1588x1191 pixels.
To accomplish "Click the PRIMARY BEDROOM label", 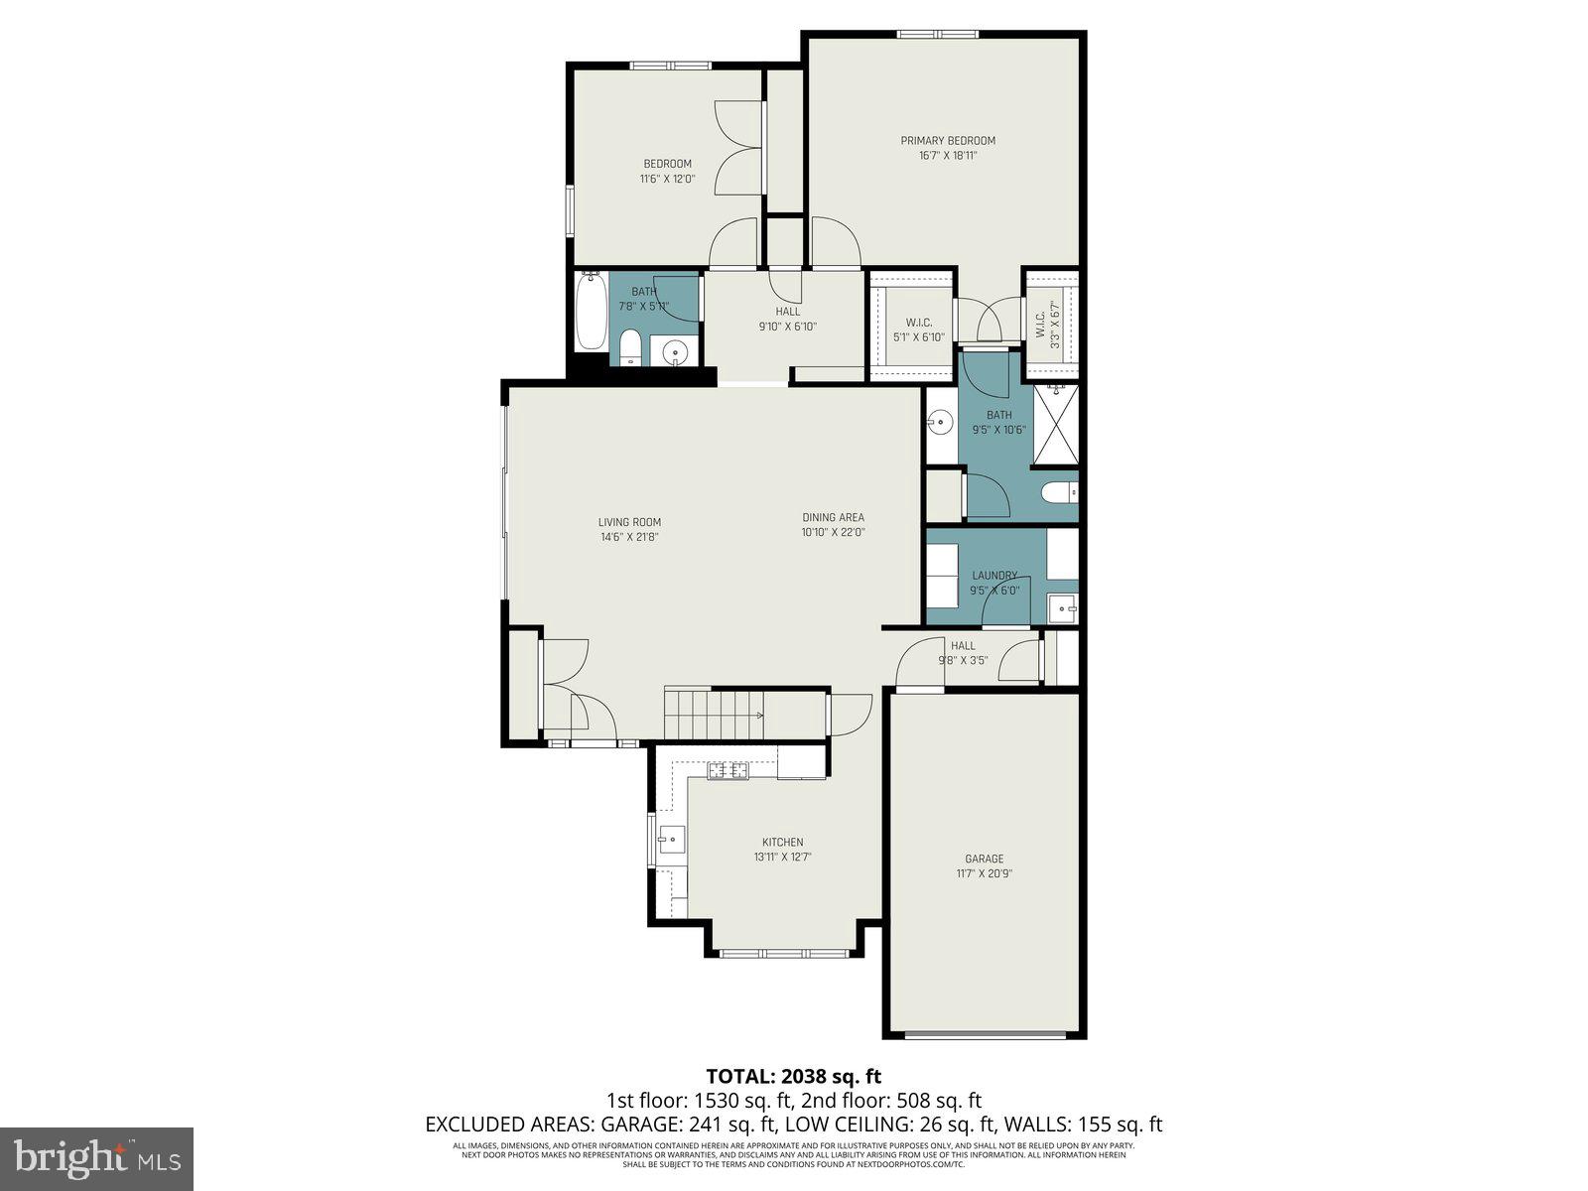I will [x=948, y=141].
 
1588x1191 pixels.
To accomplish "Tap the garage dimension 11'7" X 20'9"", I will [x=985, y=874].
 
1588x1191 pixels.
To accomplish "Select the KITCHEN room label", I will [x=782, y=842].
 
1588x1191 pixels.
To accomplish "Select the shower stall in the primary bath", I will [x=1055, y=425].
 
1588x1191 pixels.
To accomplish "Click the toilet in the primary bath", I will [x=1060, y=491].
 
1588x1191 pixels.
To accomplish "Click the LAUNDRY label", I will [x=993, y=575].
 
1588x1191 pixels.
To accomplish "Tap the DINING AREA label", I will [x=833, y=517].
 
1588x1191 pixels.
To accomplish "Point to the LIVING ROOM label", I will [x=629, y=522].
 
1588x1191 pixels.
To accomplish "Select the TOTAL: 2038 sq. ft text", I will [x=793, y=1076].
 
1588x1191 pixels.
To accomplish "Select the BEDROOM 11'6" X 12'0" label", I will [x=667, y=171].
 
